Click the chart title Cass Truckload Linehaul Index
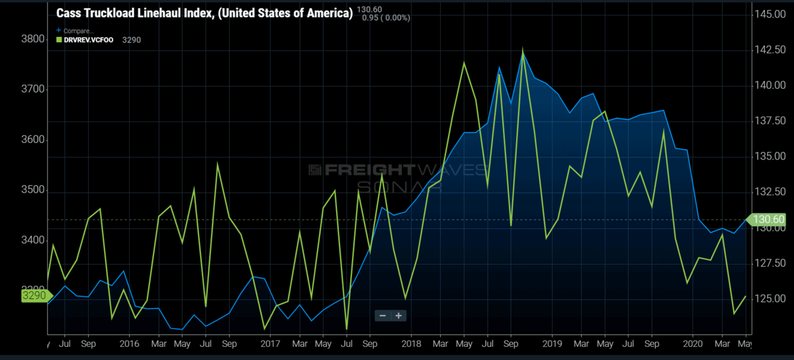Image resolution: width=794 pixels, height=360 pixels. pos(204,13)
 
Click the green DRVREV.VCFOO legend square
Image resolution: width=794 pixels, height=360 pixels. pos(58,40)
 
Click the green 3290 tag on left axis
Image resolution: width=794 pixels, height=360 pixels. pos(34,295)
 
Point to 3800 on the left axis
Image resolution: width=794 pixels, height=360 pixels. pos(32,39)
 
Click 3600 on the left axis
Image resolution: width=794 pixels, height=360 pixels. pos(32,140)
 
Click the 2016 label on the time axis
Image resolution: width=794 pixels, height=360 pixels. pos(130,344)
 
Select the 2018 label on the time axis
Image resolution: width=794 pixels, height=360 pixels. pos(411,344)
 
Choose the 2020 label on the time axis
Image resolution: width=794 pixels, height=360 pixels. pos(693,344)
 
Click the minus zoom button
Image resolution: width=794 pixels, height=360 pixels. pos(382,316)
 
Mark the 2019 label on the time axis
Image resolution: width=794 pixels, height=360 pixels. pos(552,344)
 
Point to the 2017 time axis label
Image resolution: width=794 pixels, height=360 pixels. pos(271,344)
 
